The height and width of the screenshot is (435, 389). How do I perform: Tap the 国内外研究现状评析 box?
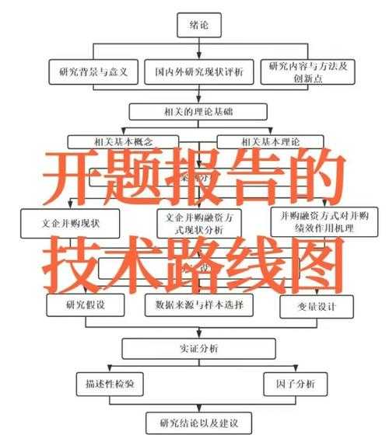199,72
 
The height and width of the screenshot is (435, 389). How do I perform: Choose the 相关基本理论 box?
269,141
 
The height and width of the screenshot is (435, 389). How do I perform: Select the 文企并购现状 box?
70,222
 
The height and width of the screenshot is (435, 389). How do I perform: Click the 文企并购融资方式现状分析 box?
198,222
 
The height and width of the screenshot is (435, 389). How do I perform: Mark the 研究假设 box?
86,305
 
